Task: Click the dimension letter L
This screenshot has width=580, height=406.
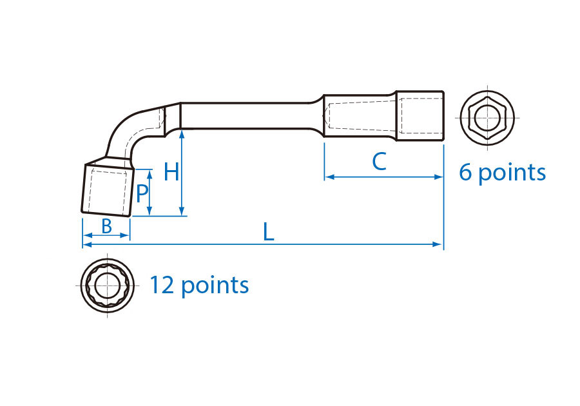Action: pos(269,232)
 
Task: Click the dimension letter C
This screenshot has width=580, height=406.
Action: pos(380,161)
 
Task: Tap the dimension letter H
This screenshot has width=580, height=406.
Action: pos(171,172)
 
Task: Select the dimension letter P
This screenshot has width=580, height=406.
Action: pos(142,193)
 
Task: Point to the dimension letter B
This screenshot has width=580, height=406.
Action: pos(106,226)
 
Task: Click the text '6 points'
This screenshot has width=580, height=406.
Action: pos(502,173)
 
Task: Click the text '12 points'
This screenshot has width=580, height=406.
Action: pos(199,285)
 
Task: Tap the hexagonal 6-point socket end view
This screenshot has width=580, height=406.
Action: pos(487,118)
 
